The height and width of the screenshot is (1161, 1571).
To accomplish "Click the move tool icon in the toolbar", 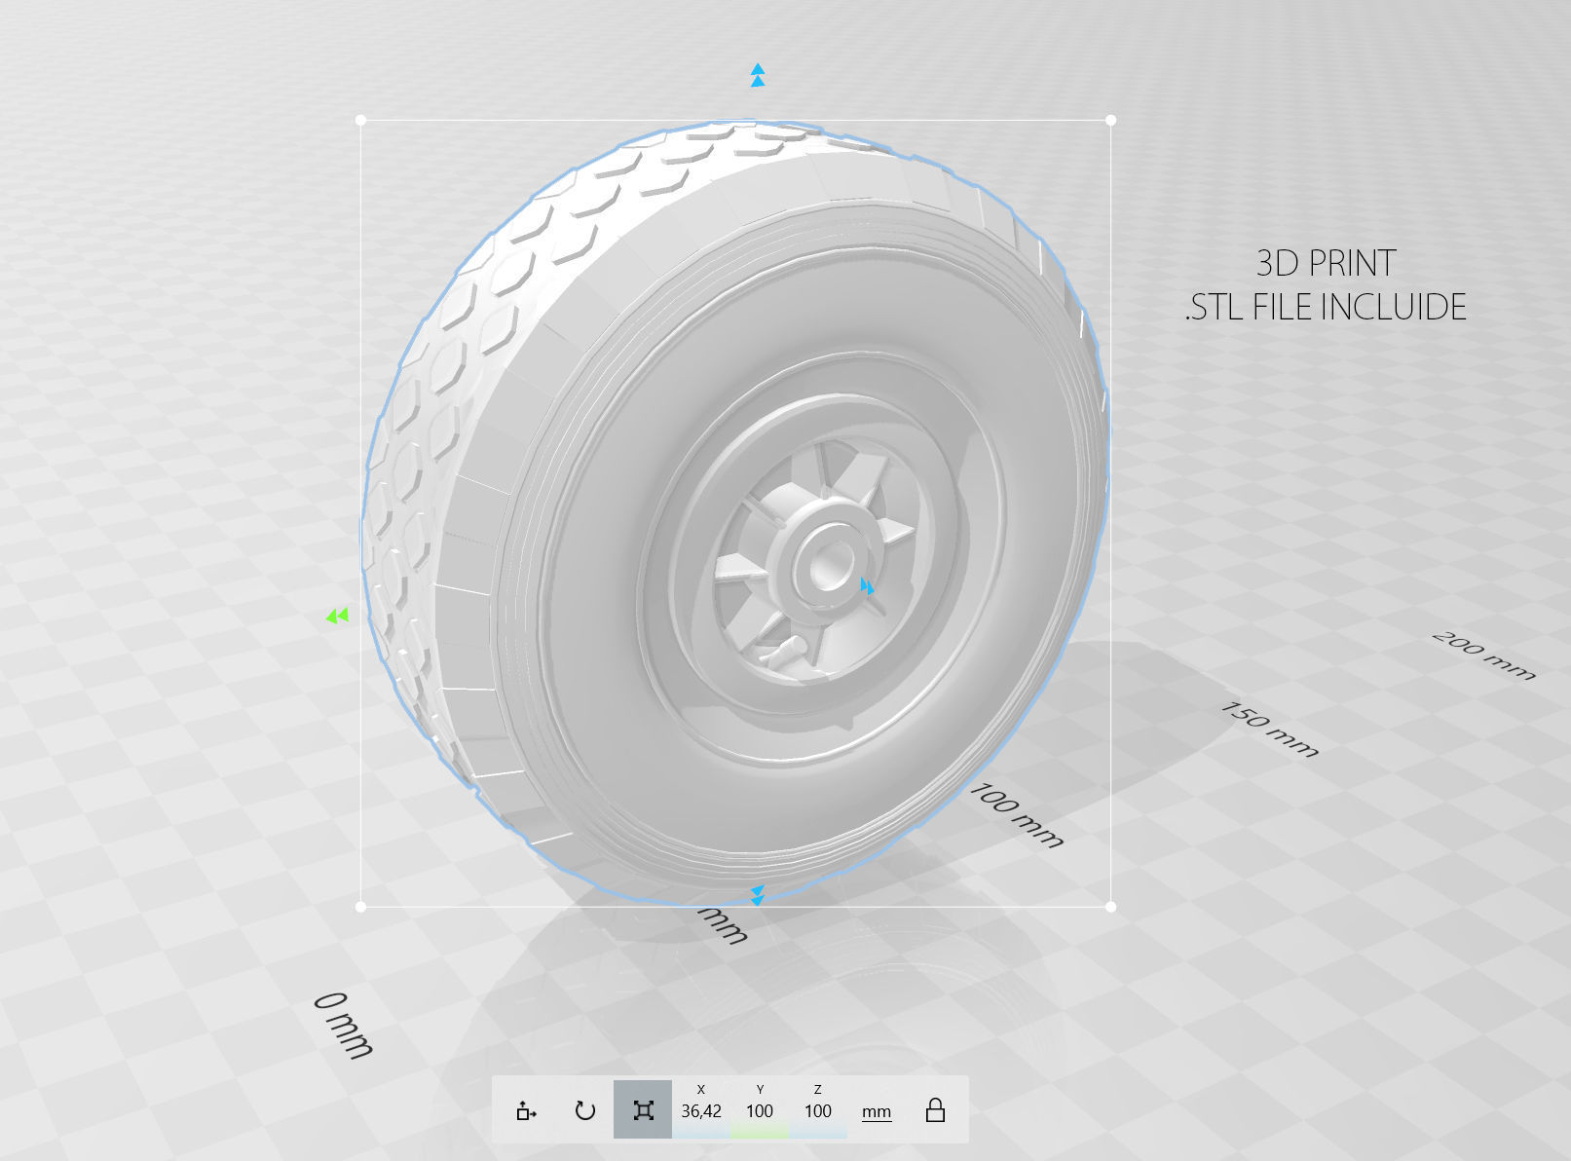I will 526,1110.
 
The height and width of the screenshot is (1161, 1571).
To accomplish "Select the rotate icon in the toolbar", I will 584,1110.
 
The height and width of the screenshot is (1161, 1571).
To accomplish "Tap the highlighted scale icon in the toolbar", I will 643,1110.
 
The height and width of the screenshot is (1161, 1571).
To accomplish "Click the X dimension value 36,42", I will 701,1111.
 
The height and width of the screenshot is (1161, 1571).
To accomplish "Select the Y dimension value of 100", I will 760,1111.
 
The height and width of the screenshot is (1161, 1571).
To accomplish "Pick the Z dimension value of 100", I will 818,1111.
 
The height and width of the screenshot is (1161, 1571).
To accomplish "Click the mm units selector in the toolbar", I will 877,1111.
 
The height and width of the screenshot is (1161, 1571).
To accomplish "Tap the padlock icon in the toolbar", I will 935,1110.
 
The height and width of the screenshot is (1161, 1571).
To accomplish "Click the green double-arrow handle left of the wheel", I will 337,616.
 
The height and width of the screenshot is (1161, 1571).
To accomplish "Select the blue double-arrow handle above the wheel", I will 758,75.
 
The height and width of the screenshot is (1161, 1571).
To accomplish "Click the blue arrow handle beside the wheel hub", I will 866,586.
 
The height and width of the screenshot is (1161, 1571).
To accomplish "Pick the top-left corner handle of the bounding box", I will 361,121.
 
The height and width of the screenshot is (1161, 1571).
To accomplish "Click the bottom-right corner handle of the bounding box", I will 1111,907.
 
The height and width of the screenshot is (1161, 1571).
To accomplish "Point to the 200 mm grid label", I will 1483,655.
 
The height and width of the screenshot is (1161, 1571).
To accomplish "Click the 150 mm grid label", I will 1269,730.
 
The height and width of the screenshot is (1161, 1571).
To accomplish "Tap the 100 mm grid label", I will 1016,814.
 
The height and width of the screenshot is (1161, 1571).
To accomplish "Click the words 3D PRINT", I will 1326,263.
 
